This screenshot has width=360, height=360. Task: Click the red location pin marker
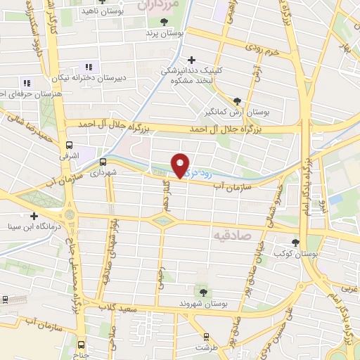tap(181, 165)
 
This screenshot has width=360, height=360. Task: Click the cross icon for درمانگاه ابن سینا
tap(33, 215)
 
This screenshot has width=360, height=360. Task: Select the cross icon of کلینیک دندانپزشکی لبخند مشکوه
tap(191, 60)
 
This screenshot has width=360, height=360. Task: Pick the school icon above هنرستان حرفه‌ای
tap(27, 82)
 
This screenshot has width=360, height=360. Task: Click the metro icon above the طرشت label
tap(206, 336)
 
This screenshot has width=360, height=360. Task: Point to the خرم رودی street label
tap(263, 48)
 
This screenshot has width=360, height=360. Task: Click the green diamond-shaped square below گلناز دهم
tap(163, 221)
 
